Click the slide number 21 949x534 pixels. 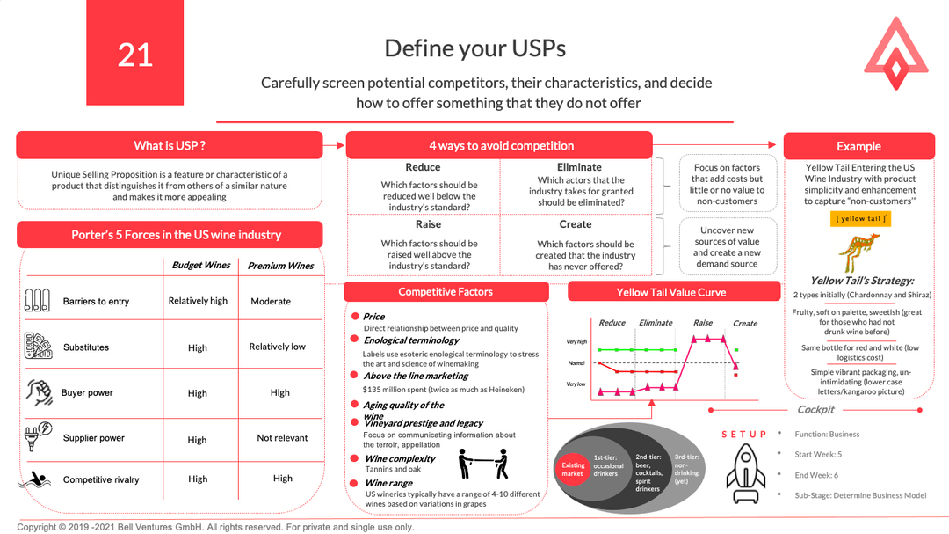[135, 55]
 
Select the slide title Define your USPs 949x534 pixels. [474, 48]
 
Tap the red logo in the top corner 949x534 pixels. [895, 54]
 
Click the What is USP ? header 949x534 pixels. [170, 145]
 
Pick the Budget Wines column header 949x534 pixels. [200, 265]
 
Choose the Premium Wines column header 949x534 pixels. [279, 266]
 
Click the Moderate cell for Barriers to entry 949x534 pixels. [271, 301]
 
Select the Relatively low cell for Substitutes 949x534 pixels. [277, 347]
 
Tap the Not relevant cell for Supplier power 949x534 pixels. [282, 437]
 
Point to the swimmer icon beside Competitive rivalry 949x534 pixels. [35, 479]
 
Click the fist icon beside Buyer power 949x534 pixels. [35, 390]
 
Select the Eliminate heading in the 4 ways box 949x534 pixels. [579, 167]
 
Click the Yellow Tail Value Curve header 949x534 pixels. [673, 292]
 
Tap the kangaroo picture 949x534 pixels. [861, 252]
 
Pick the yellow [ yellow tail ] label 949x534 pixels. [861, 219]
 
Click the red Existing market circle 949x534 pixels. [573, 470]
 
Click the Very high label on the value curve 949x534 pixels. [576, 341]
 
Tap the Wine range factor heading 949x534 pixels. [388, 483]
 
